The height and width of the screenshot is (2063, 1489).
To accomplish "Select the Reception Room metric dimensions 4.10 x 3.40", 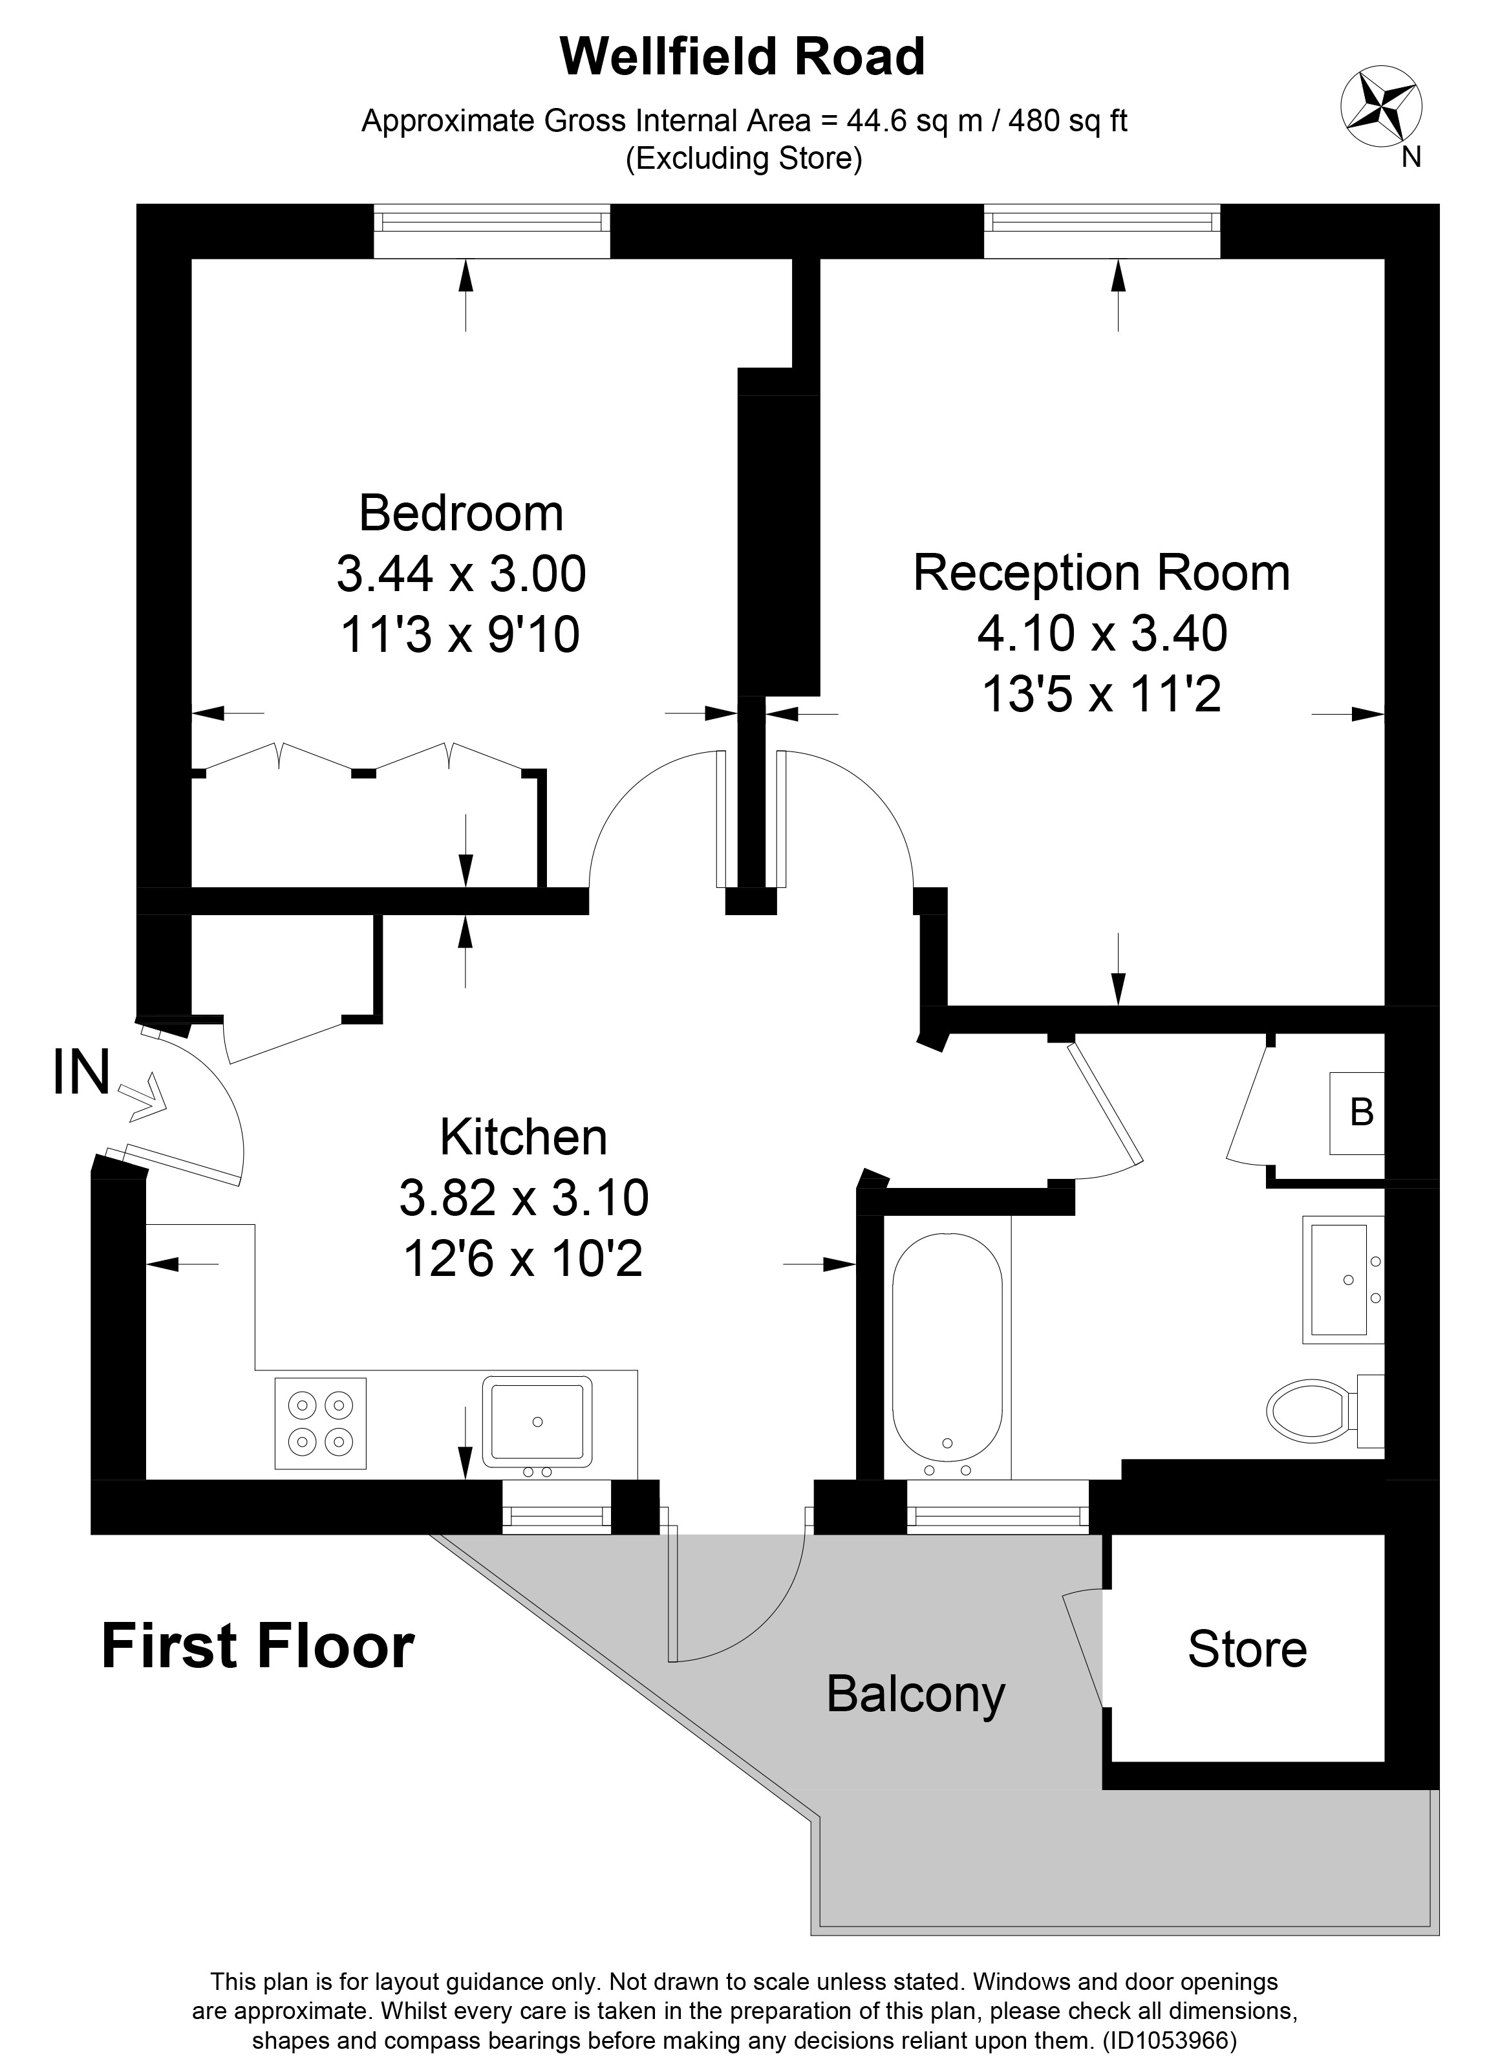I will point(1102,633).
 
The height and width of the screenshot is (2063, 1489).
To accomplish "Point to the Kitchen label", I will point(523,1137).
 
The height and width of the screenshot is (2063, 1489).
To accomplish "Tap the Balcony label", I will point(916,1694).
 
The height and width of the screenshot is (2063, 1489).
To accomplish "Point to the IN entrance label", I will point(82,1072).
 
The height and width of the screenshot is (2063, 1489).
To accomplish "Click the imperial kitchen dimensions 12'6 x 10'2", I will point(523,1260).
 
